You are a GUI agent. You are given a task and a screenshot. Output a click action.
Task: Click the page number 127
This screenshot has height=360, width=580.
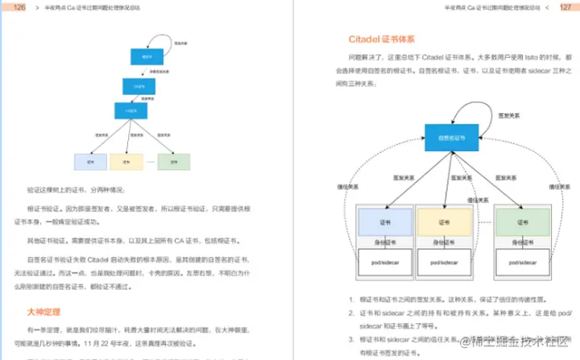coord(565,7)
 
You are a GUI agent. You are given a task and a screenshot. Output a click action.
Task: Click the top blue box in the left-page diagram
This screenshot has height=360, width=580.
coord(147,56)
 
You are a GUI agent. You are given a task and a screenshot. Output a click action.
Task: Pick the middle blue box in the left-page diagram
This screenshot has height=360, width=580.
coord(139,84)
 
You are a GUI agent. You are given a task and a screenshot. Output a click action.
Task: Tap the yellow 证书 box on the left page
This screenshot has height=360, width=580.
coord(126,160)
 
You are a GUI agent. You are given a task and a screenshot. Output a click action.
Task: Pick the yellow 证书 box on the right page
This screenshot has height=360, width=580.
coord(442,220)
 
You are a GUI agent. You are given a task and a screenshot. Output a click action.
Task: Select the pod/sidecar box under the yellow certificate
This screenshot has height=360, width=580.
coord(442,263)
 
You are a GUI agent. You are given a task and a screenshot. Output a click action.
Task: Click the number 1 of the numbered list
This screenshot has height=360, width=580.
coord(351,300)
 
